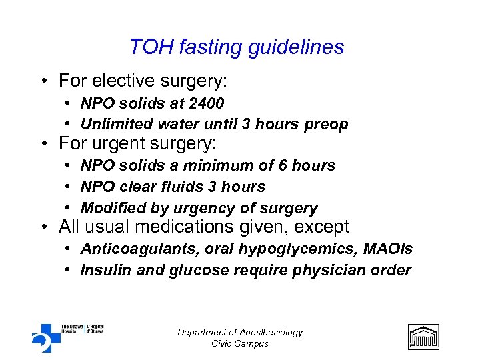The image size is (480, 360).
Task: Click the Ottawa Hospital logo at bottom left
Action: pyautogui.click(x=67, y=337)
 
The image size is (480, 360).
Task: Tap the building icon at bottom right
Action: pyautogui.click(x=423, y=337)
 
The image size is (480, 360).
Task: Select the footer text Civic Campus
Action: pyautogui.click(x=240, y=343)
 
